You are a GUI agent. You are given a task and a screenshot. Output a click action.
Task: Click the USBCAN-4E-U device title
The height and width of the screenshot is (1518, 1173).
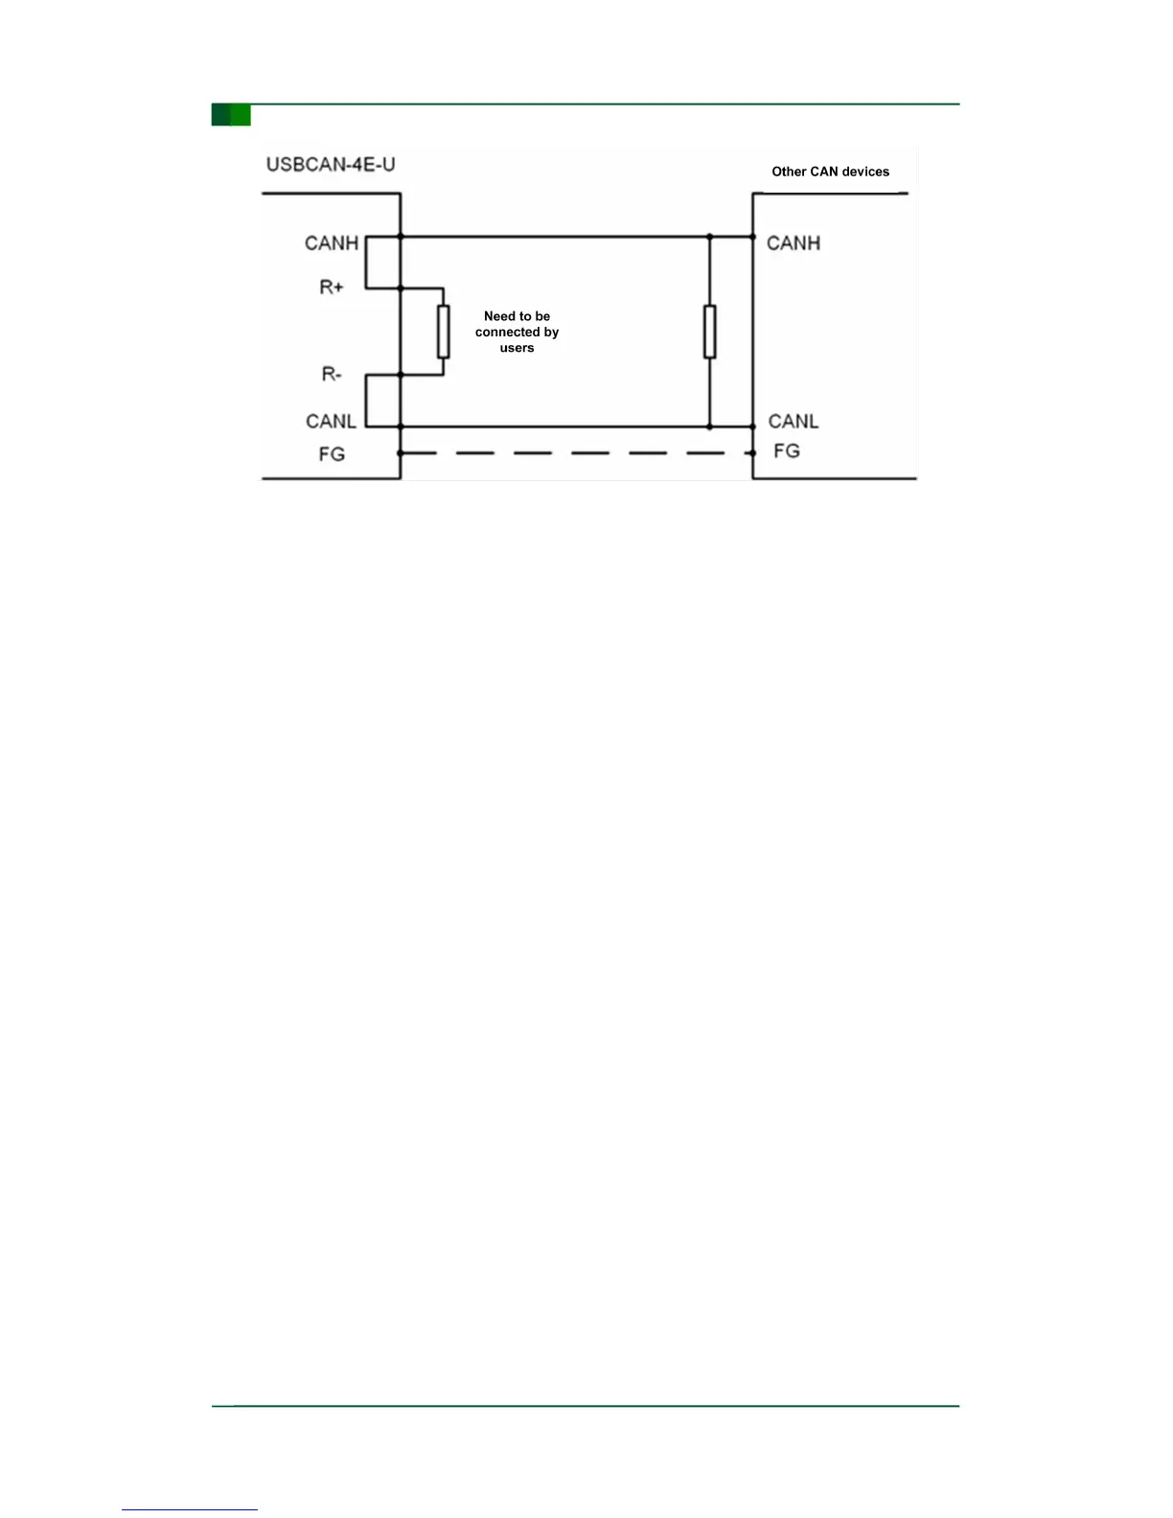(x=331, y=165)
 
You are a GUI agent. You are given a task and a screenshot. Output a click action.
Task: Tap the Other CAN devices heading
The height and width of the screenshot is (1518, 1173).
(x=830, y=172)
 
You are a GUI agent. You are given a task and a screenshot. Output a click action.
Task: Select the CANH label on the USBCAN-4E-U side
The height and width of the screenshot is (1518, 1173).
(x=332, y=243)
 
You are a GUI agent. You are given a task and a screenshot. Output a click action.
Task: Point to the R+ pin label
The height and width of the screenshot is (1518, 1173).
(x=332, y=287)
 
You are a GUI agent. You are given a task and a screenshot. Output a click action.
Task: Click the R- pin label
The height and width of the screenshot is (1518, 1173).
(x=332, y=374)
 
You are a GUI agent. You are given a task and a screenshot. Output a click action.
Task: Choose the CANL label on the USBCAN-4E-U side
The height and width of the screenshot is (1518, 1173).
(x=331, y=422)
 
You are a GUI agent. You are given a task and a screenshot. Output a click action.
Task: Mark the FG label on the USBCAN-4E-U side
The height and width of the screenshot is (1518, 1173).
(x=332, y=454)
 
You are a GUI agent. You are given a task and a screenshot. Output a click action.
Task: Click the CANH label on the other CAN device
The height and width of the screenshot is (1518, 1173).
(x=793, y=243)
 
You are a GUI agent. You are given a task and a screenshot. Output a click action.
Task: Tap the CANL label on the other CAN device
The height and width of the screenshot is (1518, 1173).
(x=793, y=422)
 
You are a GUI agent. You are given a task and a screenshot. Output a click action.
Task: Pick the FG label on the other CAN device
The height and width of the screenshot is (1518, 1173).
(x=787, y=450)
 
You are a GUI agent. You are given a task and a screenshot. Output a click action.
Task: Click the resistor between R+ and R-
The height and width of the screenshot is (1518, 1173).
(x=443, y=332)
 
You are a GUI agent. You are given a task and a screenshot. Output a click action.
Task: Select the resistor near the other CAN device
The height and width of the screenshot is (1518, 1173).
(x=709, y=332)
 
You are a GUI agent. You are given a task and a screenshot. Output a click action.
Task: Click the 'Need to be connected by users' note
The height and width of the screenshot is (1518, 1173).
(x=517, y=332)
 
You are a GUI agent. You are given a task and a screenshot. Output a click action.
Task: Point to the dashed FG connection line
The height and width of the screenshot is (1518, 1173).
(x=575, y=452)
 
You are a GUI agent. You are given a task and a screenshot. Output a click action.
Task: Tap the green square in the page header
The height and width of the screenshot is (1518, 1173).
(x=231, y=115)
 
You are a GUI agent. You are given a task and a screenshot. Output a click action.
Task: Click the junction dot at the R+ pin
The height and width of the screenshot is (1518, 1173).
(x=401, y=287)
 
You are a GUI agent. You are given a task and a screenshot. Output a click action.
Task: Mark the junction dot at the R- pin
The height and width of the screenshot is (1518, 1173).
(x=401, y=375)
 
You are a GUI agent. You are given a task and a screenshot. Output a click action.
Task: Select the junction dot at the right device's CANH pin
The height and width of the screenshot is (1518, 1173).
(x=752, y=237)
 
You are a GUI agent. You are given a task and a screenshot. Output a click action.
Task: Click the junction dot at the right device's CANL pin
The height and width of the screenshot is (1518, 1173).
(x=752, y=426)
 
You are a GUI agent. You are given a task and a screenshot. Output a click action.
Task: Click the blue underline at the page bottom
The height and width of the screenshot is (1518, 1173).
(x=190, y=1509)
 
